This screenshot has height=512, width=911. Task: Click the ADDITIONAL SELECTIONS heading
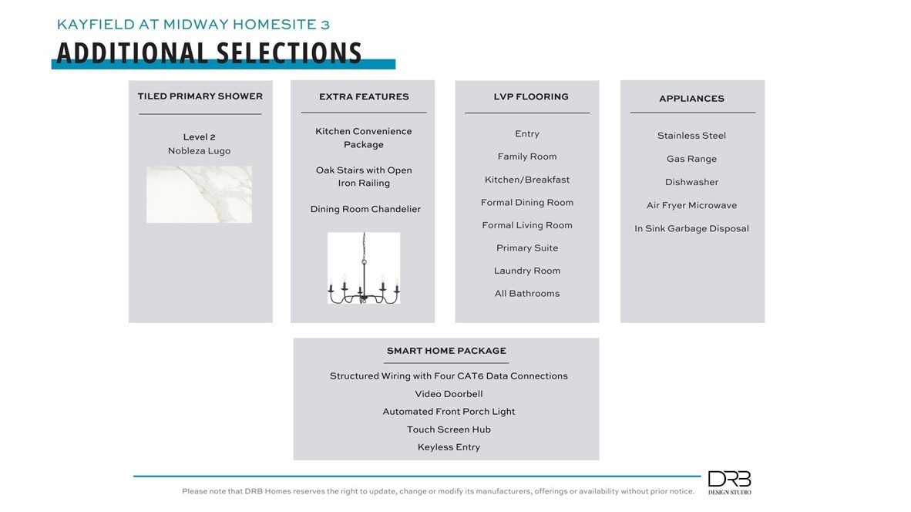(x=209, y=52)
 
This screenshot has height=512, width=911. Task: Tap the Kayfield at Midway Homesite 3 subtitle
(x=193, y=25)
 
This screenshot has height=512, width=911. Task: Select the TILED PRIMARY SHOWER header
(x=200, y=96)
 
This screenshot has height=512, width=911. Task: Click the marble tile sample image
(x=199, y=194)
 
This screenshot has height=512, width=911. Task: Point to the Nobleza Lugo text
(x=199, y=151)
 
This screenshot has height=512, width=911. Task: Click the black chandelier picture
(x=364, y=268)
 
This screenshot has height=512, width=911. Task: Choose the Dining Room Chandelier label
(x=365, y=209)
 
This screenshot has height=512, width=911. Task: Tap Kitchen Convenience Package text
(x=364, y=138)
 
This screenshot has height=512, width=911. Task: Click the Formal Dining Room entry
(x=527, y=203)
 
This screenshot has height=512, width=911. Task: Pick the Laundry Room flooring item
(x=527, y=271)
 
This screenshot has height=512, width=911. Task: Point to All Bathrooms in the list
(x=527, y=294)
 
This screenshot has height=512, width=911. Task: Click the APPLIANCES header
(x=691, y=99)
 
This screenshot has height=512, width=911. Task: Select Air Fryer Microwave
(x=691, y=206)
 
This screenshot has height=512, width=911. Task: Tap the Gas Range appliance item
(x=691, y=159)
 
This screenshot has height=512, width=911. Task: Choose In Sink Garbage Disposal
(x=691, y=229)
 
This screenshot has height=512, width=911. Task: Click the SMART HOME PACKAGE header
(x=446, y=351)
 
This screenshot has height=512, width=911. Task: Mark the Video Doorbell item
(x=449, y=394)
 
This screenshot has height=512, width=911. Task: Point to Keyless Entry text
(x=449, y=447)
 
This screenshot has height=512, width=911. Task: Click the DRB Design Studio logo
(x=729, y=483)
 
